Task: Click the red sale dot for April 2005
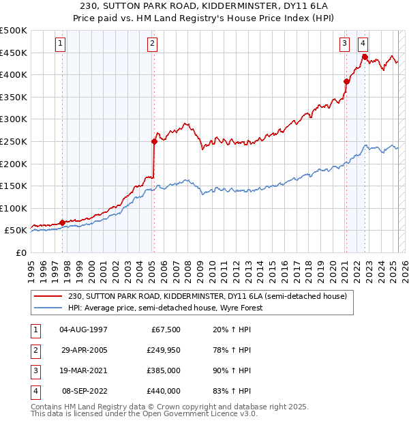click(x=154, y=141)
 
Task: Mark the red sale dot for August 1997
click(x=62, y=222)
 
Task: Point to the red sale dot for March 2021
click(x=346, y=81)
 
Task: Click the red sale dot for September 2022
click(x=365, y=57)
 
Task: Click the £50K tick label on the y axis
click(x=16, y=231)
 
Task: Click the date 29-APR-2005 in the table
click(x=84, y=350)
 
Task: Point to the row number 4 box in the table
click(x=35, y=391)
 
